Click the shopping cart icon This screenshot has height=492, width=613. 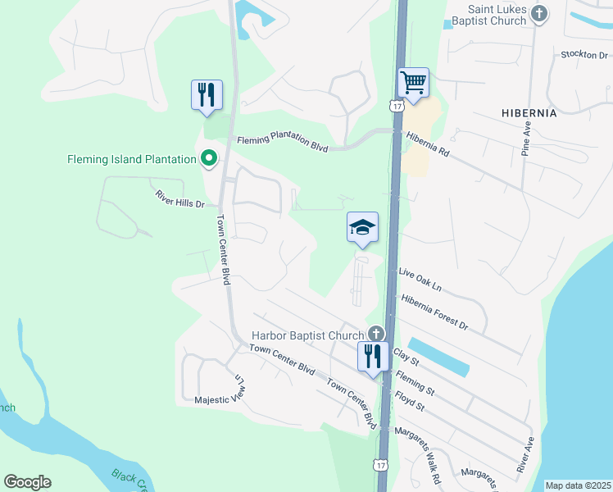(413, 83)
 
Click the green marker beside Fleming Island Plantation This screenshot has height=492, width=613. (209, 159)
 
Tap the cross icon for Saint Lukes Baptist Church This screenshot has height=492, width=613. (539, 13)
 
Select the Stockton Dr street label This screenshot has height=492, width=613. (583, 55)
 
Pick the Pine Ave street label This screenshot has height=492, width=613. (527, 139)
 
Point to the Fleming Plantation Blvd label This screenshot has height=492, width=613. (283, 144)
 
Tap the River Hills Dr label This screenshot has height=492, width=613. (179, 198)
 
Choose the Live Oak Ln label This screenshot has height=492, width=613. (420, 280)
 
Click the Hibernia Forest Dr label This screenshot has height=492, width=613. (434, 313)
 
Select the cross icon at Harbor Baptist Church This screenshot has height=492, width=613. (376, 334)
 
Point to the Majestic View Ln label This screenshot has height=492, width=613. (220, 392)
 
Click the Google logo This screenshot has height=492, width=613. (28, 482)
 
